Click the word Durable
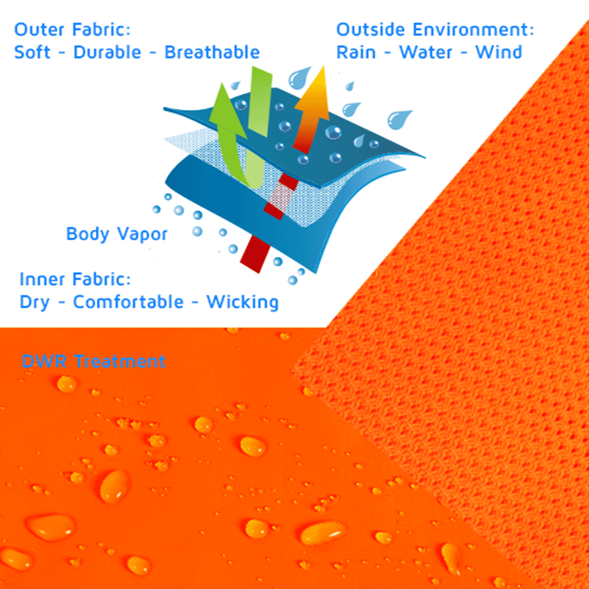(107, 52)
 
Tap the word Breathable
(212, 52)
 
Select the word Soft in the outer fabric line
(32, 52)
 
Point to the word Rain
(356, 52)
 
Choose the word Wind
(499, 52)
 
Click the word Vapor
(142, 234)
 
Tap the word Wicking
(243, 302)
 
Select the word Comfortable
(129, 302)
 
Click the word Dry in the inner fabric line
(34, 302)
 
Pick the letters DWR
(44, 362)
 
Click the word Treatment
(120, 362)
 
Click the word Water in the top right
(425, 52)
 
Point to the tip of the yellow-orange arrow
(324, 66)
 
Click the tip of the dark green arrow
(222, 83)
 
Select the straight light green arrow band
(260, 101)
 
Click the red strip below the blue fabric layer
(256, 254)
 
